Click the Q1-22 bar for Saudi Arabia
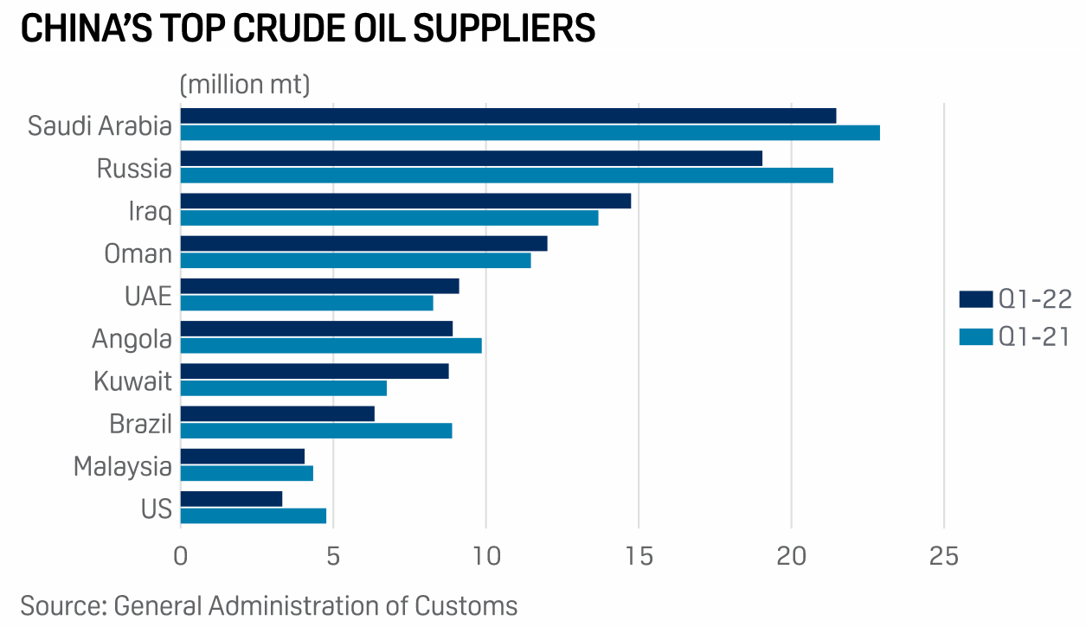click(508, 116)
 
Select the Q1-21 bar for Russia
click(506, 176)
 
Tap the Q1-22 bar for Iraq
click(405, 201)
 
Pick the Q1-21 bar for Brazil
click(316, 431)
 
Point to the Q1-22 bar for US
click(231, 499)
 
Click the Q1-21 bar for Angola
click(331, 346)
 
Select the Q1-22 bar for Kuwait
click(314, 371)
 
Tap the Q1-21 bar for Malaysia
click(247, 474)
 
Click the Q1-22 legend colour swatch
click(975, 299)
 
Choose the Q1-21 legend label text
click(1035, 337)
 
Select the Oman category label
click(138, 253)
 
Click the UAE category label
click(148, 297)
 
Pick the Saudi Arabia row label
click(100, 126)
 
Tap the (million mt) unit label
click(245, 85)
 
